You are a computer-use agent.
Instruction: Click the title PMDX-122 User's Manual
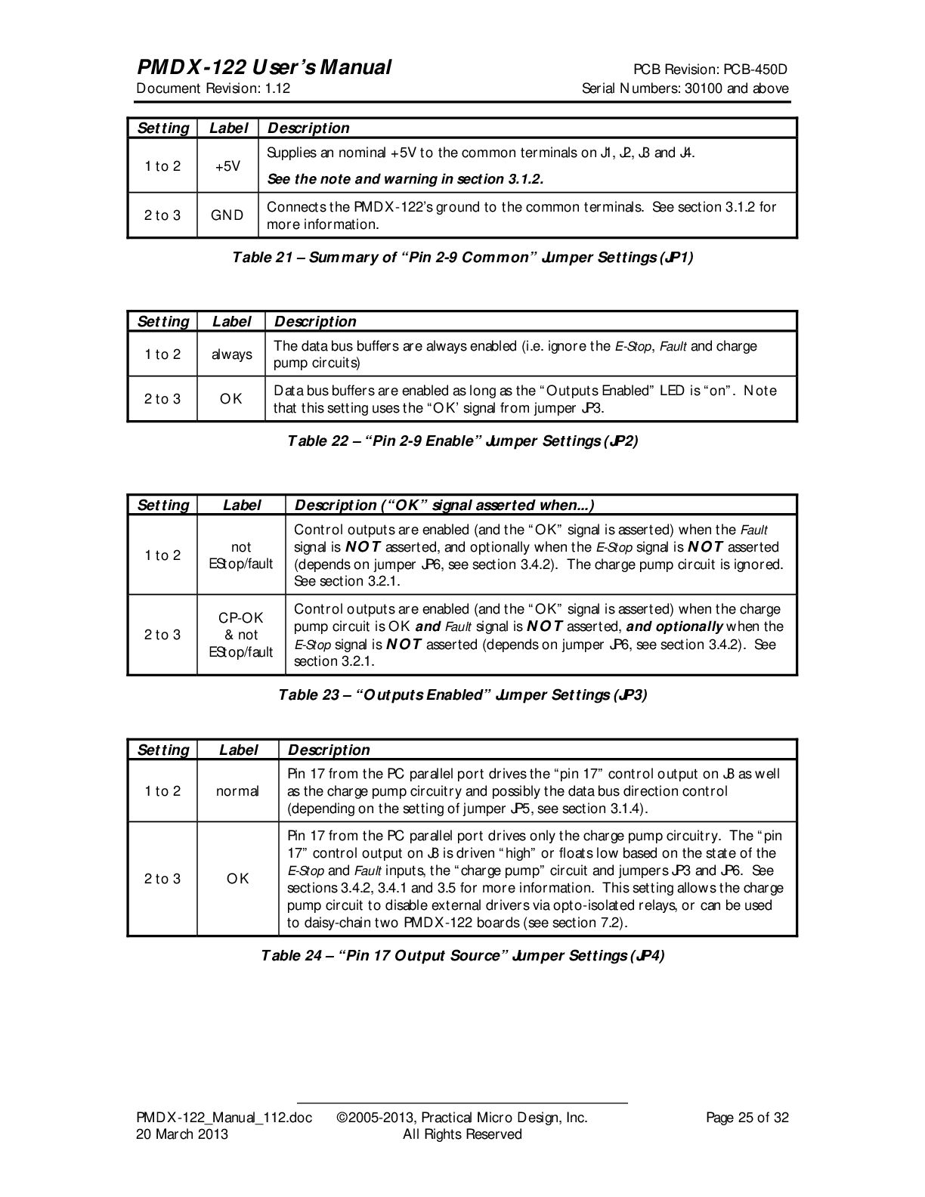point(264,68)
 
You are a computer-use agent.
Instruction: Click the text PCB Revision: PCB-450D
point(710,70)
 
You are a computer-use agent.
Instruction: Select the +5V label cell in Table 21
point(227,166)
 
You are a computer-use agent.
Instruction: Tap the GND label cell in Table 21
point(227,215)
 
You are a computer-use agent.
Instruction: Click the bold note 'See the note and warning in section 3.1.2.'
point(406,179)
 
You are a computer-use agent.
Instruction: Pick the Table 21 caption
point(462,258)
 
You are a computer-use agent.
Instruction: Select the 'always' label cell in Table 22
point(231,354)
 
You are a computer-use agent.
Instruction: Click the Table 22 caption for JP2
point(462,441)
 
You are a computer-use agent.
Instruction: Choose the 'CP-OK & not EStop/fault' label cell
point(241,635)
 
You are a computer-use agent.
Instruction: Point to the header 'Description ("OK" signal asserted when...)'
point(444,505)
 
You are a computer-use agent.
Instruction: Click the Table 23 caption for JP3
point(462,694)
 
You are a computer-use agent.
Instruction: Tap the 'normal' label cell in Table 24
point(237,791)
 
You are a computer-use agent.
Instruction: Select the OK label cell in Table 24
point(237,879)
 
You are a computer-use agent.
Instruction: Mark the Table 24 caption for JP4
point(462,956)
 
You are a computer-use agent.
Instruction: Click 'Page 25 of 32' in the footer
point(747,1118)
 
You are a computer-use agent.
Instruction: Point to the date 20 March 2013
point(181,1134)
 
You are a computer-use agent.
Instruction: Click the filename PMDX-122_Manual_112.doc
point(224,1118)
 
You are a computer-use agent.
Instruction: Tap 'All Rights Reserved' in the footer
point(462,1134)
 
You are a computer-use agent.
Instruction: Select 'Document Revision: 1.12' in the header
point(213,88)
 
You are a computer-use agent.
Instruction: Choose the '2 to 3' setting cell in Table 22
point(162,399)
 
